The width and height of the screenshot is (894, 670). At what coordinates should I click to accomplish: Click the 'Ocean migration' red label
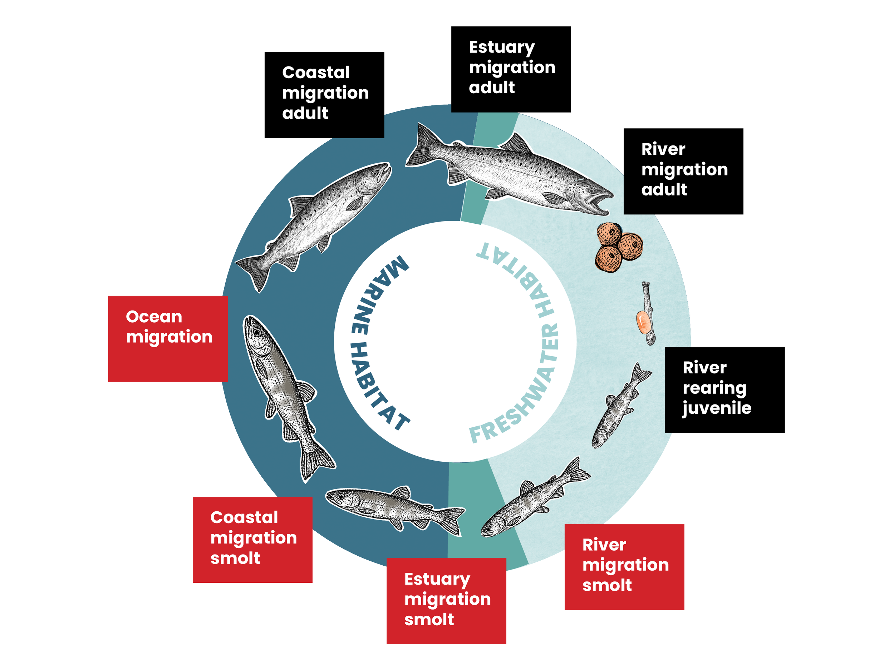click(168, 338)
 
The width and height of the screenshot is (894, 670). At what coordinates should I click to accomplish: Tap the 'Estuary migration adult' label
click(511, 69)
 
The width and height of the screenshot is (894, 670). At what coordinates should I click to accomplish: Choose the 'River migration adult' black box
click(683, 171)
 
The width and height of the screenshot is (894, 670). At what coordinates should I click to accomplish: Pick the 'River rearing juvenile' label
click(724, 390)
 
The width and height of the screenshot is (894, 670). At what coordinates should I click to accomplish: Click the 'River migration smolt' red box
click(624, 567)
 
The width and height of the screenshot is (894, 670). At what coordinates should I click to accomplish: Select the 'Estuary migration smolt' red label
click(446, 601)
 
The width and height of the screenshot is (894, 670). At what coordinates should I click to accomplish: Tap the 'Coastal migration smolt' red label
click(252, 540)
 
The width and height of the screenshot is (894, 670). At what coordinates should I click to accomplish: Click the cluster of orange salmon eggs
click(619, 247)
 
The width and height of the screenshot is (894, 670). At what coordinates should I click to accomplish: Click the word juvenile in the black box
click(717, 408)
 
